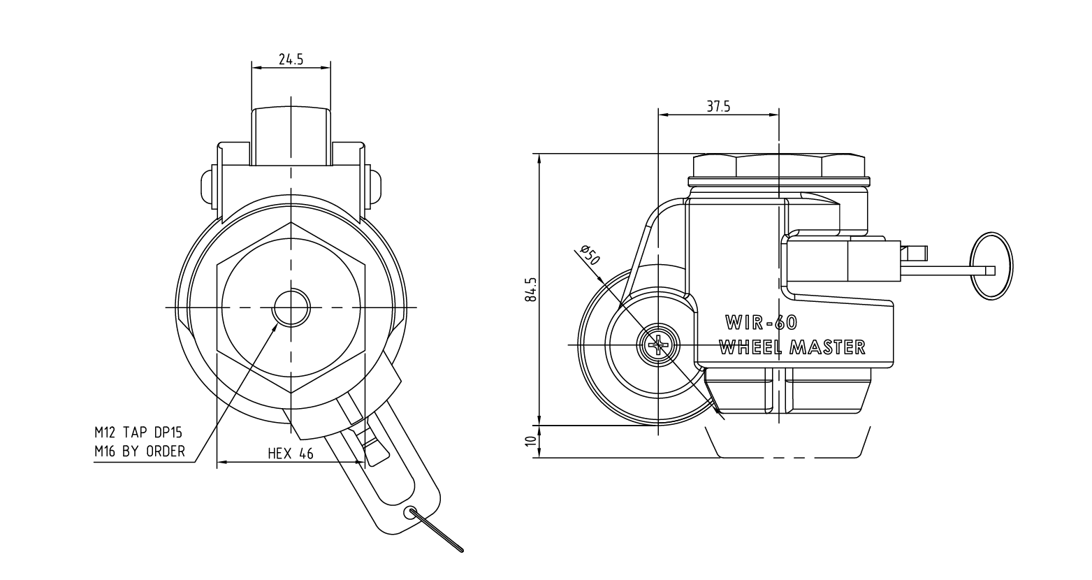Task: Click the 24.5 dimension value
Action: point(291,59)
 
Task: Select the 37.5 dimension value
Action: point(719,106)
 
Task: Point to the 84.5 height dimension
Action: point(531,289)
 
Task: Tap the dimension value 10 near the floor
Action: point(531,441)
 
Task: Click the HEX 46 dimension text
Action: point(291,454)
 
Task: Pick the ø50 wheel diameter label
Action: point(590,255)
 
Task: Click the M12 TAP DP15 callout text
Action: point(138,433)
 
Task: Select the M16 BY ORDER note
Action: point(140,452)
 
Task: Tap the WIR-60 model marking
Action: point(761,323)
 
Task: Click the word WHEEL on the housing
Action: point(751,347)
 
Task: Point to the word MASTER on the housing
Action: point(827,347)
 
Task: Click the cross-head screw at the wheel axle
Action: point(658,345)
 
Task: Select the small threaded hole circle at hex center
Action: point(291,307)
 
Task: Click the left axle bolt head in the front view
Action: point(208,186)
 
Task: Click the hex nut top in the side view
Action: point(778,165)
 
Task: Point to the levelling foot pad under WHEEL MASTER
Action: point(788,391)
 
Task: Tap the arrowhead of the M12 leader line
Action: point(277,326)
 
